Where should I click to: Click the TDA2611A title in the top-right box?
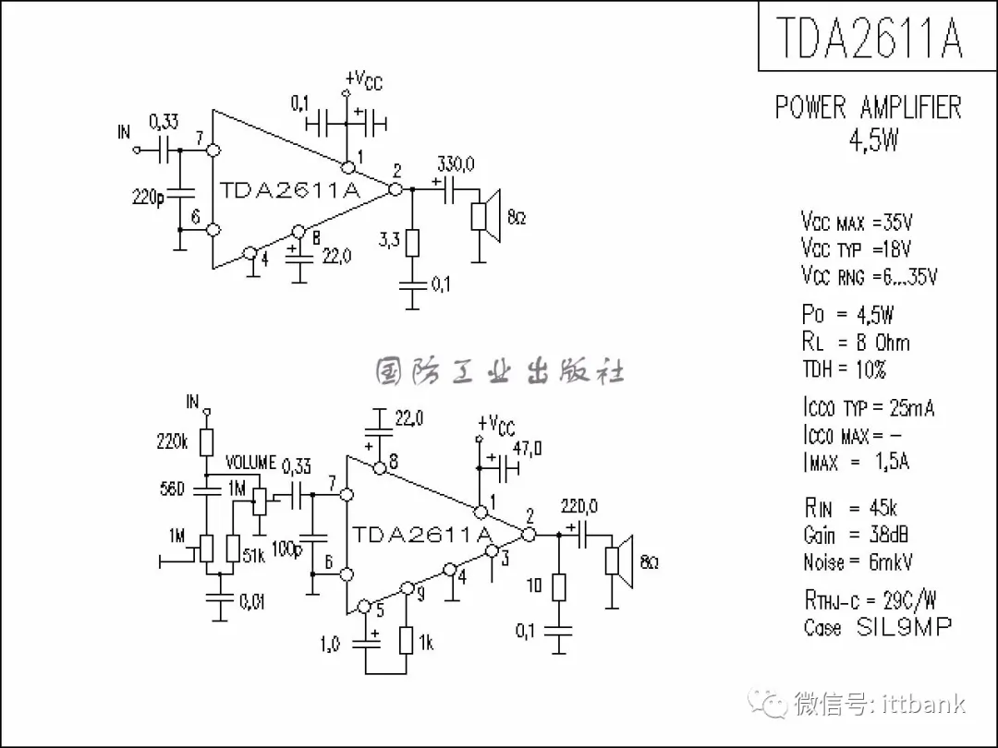pos(869,37)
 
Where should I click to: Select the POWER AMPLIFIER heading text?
pos(868,108)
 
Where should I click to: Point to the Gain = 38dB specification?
pos(858,535)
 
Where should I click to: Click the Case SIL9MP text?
pos(877,627)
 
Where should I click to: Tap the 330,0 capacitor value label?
pos(456,164)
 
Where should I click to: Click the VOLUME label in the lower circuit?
pos(250,462)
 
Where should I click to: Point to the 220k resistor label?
pos(173,442)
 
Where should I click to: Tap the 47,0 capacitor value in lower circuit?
pos(527,450)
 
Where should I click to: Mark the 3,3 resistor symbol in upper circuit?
pos(413,243)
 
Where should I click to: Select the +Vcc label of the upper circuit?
pos(364,80)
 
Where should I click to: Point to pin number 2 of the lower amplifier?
pos(529,515)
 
